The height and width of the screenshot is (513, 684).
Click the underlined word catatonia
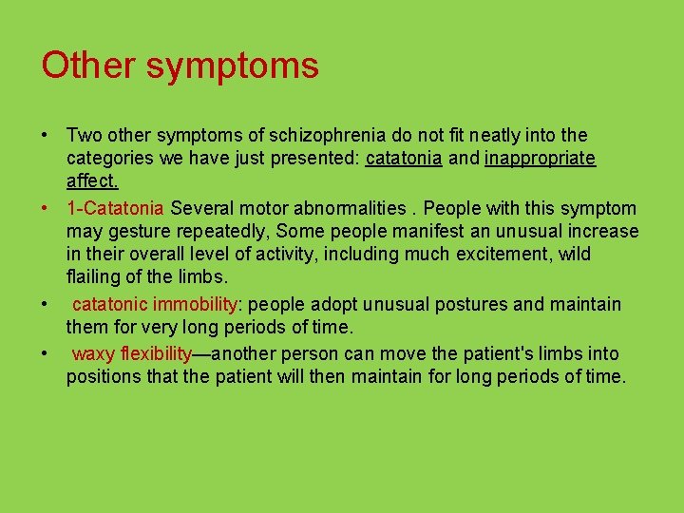(404, 159)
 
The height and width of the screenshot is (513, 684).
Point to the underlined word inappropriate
(540, 159)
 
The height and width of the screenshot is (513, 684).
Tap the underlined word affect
(92, 180)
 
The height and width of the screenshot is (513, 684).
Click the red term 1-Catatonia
(116, 208)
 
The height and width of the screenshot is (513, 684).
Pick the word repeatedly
(222, 231)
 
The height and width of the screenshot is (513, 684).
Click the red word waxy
(91, 354)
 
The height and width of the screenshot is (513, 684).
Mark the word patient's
(501, 354)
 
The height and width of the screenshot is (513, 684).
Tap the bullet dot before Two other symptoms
(46, 136)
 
